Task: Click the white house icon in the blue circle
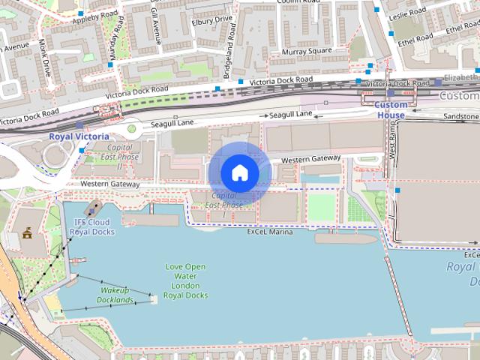point(239,172)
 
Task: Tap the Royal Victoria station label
point(79,136)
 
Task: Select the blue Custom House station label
point(389,110)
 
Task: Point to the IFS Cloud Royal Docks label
point(92,227)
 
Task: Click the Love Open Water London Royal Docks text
point(185,281)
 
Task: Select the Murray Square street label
point(307,51)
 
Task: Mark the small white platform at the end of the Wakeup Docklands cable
point(154,298)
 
